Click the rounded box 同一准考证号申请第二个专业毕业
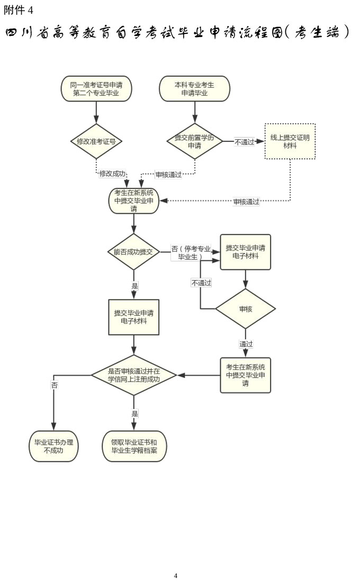tap(96, 88)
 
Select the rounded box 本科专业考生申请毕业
tap(194, 88)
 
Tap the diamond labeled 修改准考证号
tap(96, 141)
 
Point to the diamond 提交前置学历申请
tap(194, 141)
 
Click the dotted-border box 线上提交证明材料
tap(290, 141)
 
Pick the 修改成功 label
tap(113, 174)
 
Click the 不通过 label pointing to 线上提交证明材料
tap(245, 142)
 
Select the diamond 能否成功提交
tap(133, 252)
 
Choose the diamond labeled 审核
tap(245, 308)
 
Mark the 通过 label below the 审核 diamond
tap(246, 344)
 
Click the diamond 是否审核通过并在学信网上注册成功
tap(134, 375)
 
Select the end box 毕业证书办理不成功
tap(53, 446)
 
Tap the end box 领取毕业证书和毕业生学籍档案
tap(134, 446)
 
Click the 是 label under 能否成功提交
tap(134, 286)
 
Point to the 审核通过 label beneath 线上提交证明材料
tap(247, 202)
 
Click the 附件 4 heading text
tap(18, 10)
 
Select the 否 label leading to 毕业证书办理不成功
tap(54, 385)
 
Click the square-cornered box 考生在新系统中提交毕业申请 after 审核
tap(245, 375)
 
